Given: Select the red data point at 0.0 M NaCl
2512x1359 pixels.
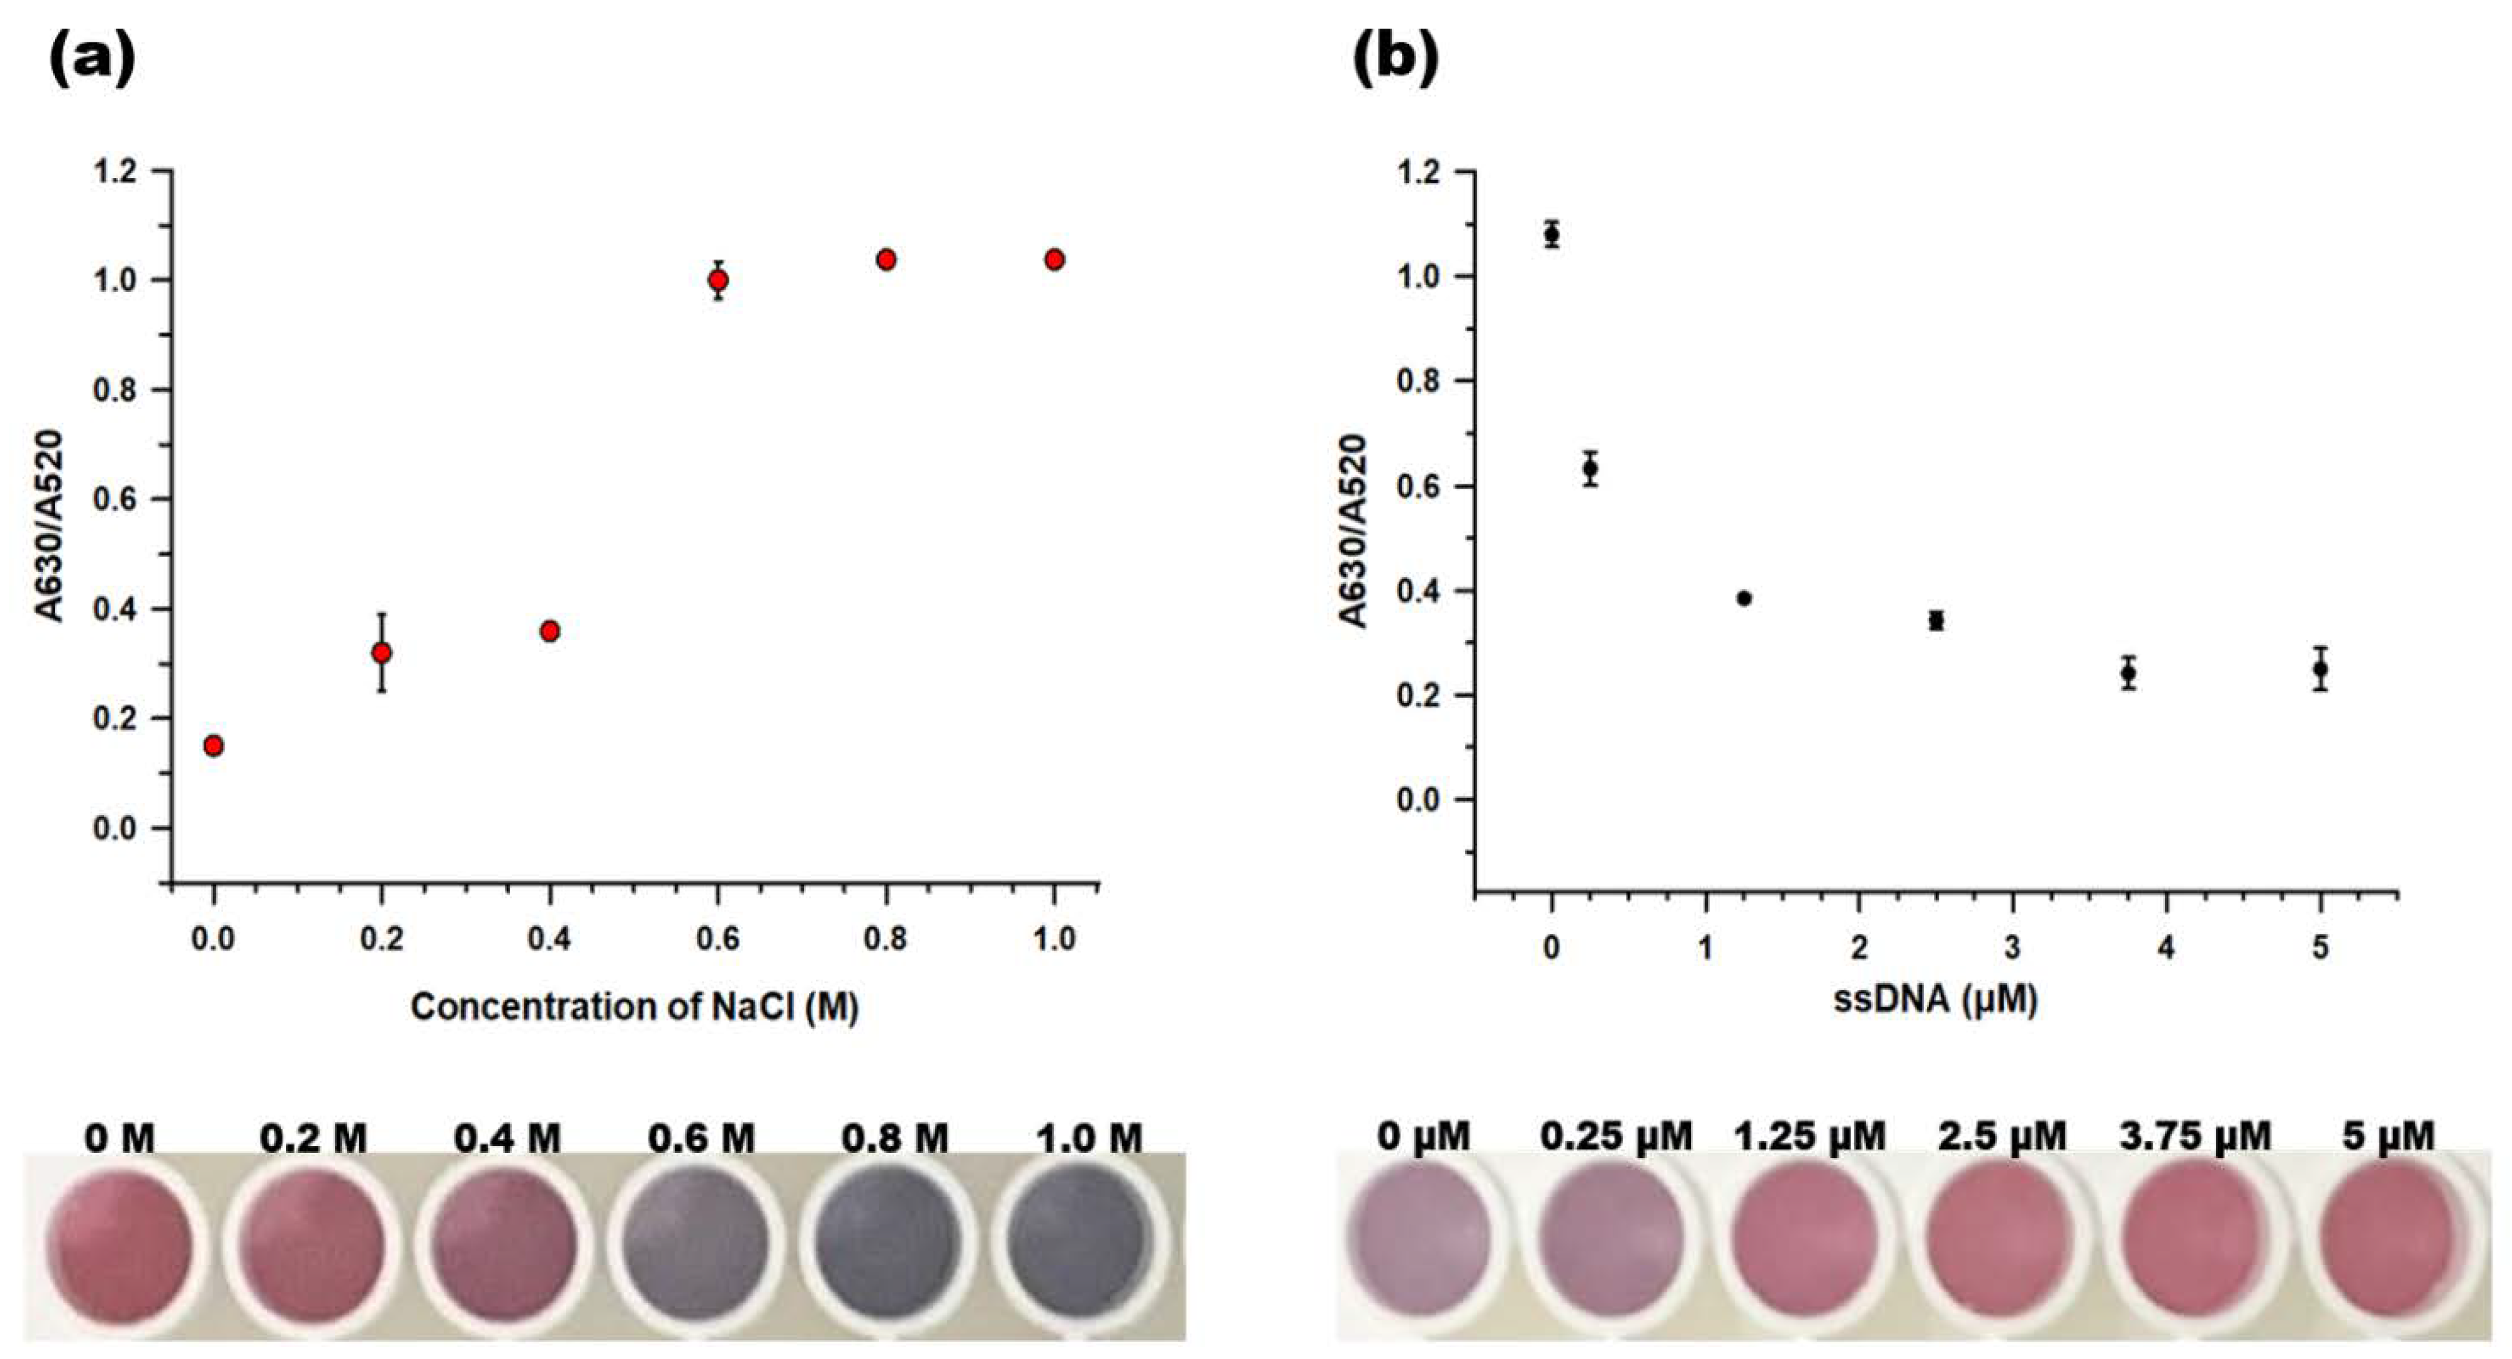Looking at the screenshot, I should click(x=214, y=746).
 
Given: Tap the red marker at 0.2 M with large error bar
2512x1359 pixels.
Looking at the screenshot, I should click(x=382, y=652).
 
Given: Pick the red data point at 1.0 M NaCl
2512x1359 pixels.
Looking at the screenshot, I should click(x=1054, y=260).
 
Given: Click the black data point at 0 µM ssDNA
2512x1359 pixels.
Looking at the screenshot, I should click(x=1552, y=234).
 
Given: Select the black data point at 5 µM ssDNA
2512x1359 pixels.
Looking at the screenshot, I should click(x=2321, y=669).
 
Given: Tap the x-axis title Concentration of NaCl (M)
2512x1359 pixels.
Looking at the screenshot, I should click(x=634, y=1006).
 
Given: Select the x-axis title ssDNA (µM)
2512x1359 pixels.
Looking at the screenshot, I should click(x=1936, y=999).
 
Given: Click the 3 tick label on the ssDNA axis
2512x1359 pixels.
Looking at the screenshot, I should click(x=2012, y=948).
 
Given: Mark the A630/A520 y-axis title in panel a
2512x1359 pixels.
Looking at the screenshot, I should click(x=49, y=527).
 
